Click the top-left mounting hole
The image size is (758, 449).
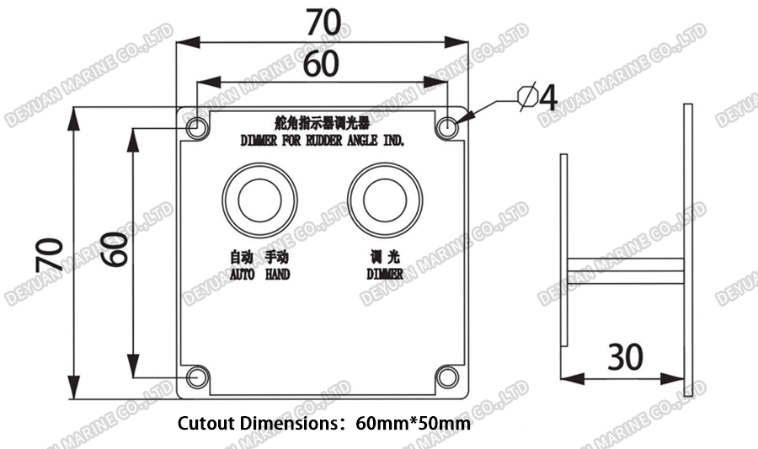(196, 128)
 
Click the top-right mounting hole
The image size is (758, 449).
(448, 128)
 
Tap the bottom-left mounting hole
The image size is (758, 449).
(196, 377)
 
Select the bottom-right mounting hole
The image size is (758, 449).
(448, 377)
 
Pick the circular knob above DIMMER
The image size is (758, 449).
(384, 200)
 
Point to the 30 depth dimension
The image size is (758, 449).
(624, 357)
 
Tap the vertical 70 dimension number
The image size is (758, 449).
(50, 254)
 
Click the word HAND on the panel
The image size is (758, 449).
(277, 274)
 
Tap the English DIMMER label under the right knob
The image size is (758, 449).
(384, 274)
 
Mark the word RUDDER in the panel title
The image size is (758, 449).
(321, 142)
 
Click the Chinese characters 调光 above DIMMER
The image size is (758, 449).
(384, 258)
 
